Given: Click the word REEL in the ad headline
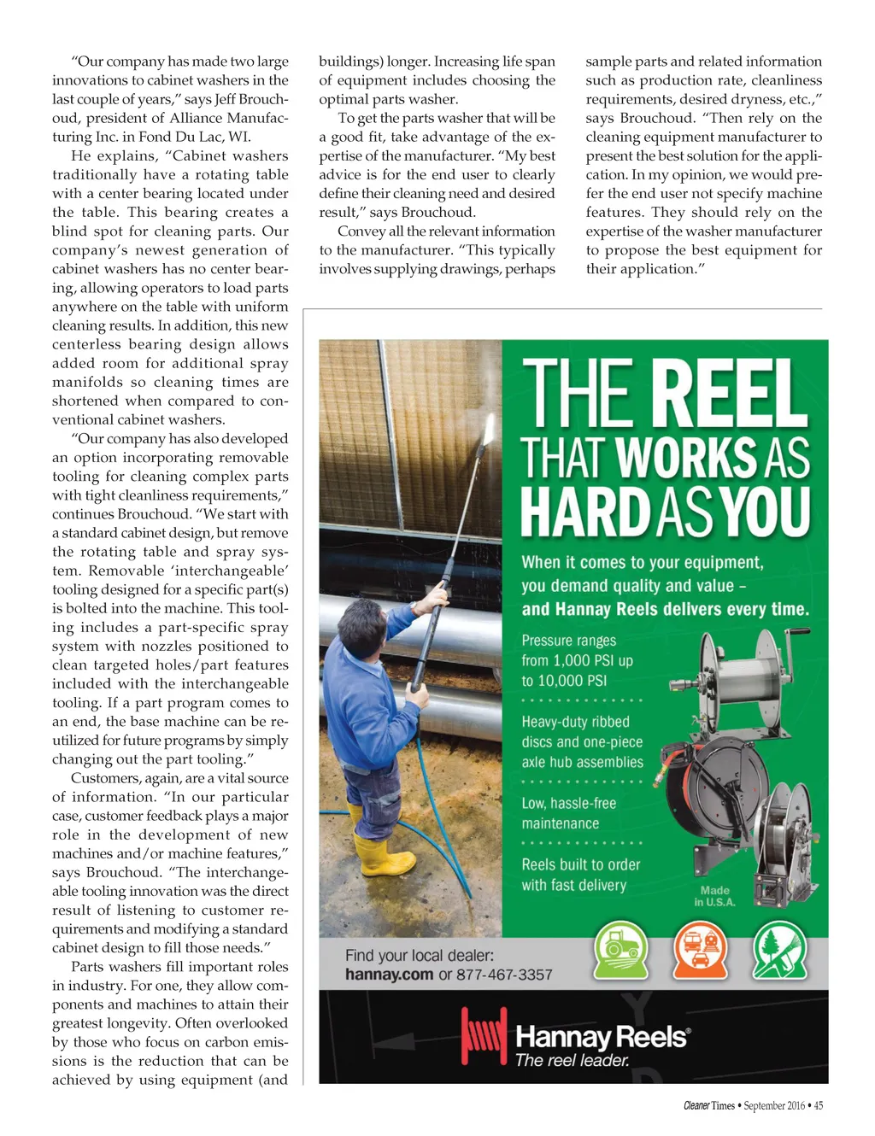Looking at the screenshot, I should pos(730,395).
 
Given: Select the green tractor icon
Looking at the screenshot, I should pos(620,949).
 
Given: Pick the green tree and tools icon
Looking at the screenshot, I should pos(779,949).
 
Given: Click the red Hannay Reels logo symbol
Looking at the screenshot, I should pos(483,1034).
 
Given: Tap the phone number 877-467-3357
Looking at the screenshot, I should pos(504,975).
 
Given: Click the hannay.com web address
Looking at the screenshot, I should pos(389,975).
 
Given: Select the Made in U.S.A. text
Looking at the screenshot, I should pos(714,896).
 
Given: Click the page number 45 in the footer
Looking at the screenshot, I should pos(819,1105).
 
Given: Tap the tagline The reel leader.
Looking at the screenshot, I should pos(573,1061).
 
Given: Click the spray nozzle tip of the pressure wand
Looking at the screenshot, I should pos(490,425).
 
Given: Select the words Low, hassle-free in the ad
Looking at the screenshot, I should pos(568,804).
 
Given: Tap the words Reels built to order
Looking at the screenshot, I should pos(580,865).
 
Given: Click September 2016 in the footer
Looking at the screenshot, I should pos(773,1105).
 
